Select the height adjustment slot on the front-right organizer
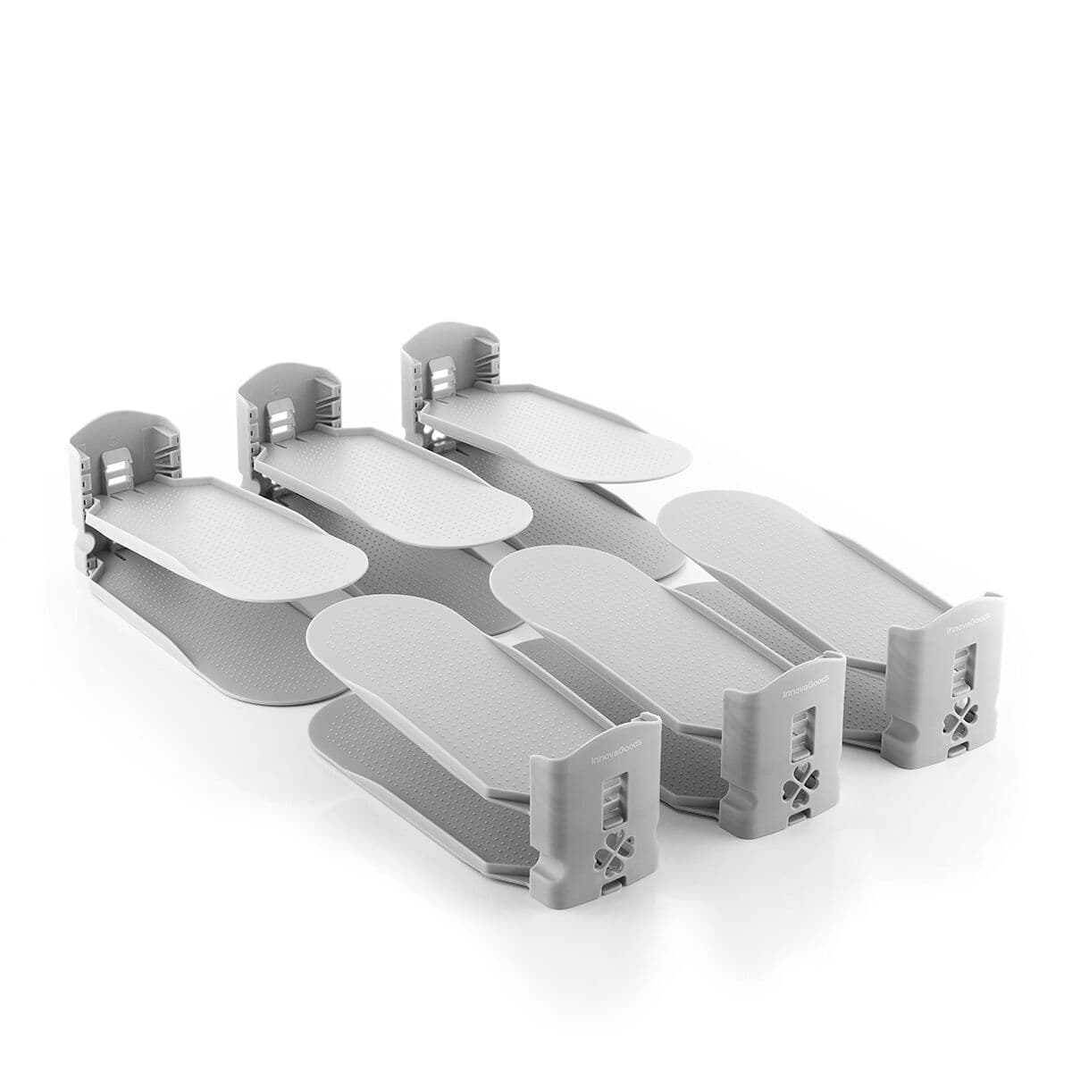(961, 666)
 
